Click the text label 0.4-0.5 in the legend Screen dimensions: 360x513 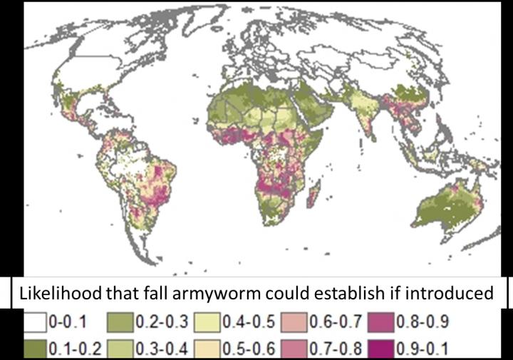247,322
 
